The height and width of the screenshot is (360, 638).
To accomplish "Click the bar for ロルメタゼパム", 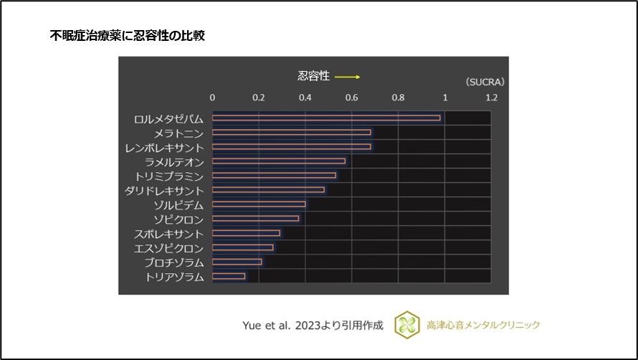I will coord(326,118).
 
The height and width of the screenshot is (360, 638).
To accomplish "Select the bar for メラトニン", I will coord(292,132).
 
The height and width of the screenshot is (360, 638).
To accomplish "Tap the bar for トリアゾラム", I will coord(229,276).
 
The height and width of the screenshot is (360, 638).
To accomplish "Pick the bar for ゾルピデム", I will coord(259,204).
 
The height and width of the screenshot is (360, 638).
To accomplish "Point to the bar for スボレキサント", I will coord(246,233).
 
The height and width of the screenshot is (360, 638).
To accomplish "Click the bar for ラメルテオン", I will coord(279,161).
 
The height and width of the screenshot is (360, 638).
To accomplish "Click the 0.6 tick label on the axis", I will coord(352,97).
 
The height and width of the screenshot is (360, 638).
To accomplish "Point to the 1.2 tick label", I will coord(491,97).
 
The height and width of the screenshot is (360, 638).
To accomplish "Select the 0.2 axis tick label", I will coord(259,97).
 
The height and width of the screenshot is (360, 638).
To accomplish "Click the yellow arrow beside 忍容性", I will coord(347,77).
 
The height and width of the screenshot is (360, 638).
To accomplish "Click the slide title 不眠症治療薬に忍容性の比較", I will coord(127,35).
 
